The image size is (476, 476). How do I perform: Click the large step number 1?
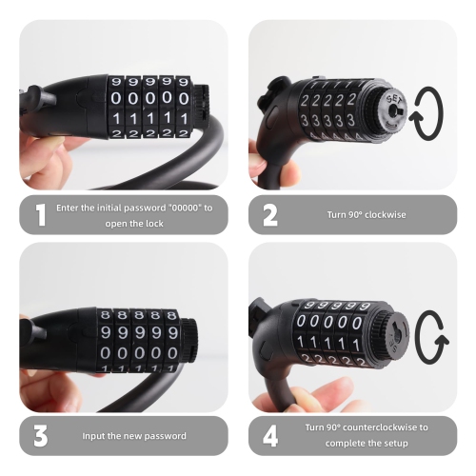tap(39, 215)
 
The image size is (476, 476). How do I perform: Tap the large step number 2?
tap(269, 215)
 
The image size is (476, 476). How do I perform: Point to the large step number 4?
tap(270, 436)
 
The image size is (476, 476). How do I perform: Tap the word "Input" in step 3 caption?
tap(96, 435)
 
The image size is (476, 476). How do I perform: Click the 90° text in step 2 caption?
tap(353, 214)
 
